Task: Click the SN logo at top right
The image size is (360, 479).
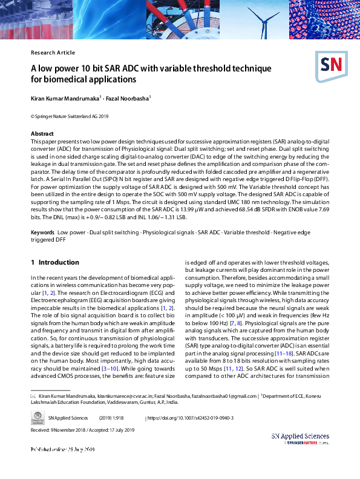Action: pyautogui.click(x=330, y=65)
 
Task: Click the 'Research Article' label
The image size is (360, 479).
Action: pyautogui.click(x=53, y=53)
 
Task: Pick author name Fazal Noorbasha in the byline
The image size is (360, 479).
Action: pyautogui.click(x=128, y=98)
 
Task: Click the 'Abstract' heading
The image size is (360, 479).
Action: pyautogui.click(x=42, y=133)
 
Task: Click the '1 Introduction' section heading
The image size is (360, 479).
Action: pyautogui.click(x=54, y=262)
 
